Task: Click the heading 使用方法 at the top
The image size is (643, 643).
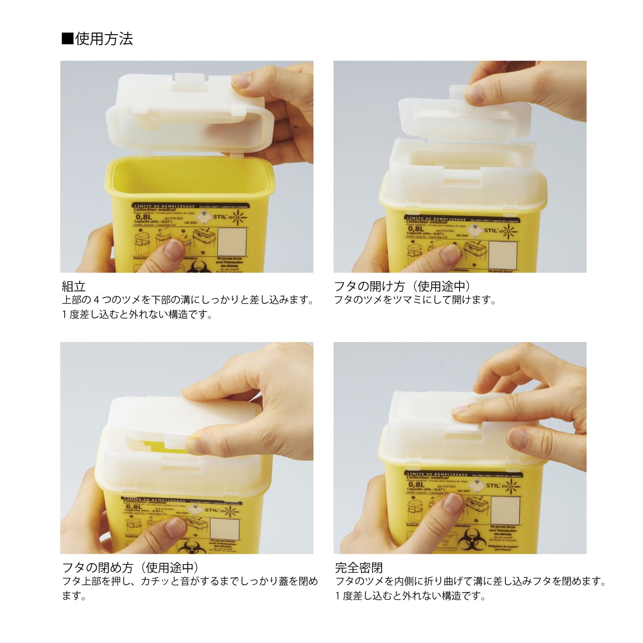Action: pyautogui.click(x=104, y=39)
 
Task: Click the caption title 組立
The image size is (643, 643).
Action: pyautogui.click(x=74, y=286)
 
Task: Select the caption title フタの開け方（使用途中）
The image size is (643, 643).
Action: pyautogui.click(x=403, y=286)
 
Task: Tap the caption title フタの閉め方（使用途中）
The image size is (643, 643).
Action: pyautogui.click(x=131, y=568)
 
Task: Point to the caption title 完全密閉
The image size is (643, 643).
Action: pyautogui.click(x=359, y=568)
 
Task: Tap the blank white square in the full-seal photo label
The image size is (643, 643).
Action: pyautogui.click(x=505, y=510)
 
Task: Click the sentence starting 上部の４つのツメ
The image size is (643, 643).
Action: pyautogui.click(x=188, y=300)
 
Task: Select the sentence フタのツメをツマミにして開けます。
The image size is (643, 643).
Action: pyautogui.click(x=415, y=300)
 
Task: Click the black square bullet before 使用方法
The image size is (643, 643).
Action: pyautogui.click(x=67, y=39)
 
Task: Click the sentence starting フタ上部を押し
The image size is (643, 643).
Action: pyautogui.click(x=190, y=581)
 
